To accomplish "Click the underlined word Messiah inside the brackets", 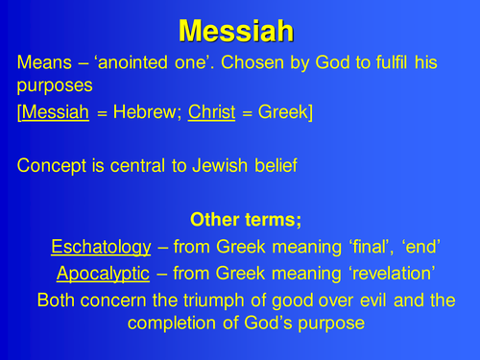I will [x=54, y=113].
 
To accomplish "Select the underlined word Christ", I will [x=228, y=113].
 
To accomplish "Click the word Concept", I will [x=52, y=164].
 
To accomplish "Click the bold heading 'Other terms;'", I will [x=246, y=220].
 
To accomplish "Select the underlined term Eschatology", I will [x=101, y=248].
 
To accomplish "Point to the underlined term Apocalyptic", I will [x=103, y=275].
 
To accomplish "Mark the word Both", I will [x=57, y=300].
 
